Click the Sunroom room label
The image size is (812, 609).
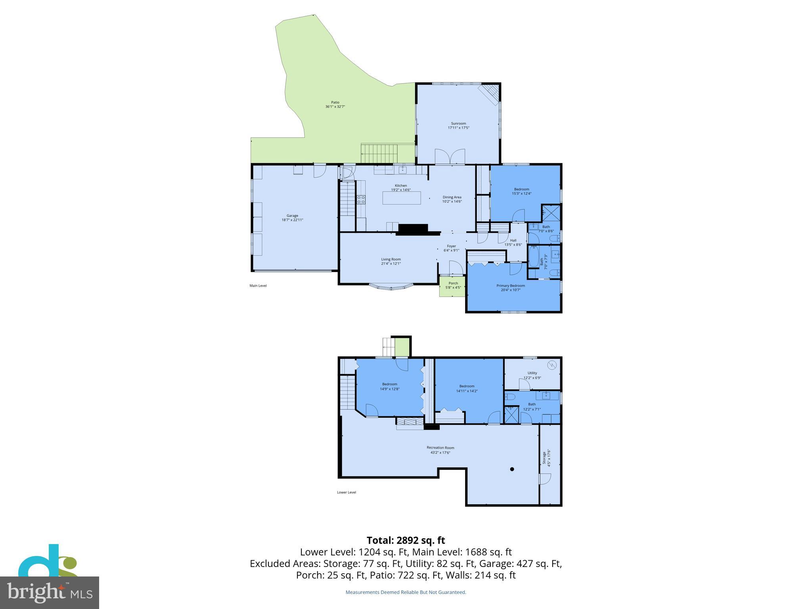(458, 123)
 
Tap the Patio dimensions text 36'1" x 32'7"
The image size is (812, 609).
(335, 107)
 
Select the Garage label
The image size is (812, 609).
(292, 216)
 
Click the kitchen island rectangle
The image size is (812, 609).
(401, 198)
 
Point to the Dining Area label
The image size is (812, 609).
(452, 197)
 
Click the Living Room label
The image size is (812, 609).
(391, 259)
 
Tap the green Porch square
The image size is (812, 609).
(452, 286)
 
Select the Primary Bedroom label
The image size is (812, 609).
(511, 285)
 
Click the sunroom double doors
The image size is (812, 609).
(450, 157)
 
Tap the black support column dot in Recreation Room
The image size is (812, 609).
(512, 469)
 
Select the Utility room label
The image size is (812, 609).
(532, 373)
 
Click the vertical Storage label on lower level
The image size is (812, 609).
(545, 458)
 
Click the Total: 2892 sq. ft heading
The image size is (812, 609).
(406, 540)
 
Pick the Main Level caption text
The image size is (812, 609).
(258, 285)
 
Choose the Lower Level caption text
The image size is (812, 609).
(346, 492)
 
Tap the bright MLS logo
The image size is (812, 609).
(49, 593)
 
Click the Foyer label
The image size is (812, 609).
(451, 246)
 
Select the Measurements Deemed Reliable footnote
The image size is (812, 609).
(406, 592)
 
